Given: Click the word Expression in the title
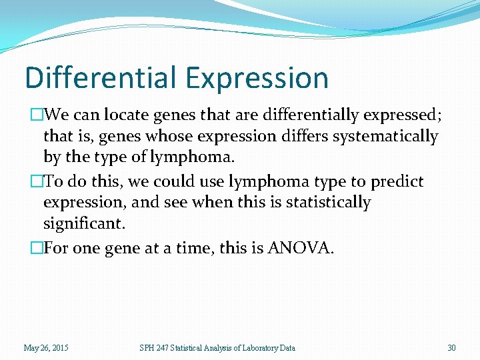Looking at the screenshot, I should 257,77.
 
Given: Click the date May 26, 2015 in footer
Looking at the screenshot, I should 45,347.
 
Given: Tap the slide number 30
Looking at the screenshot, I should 451,347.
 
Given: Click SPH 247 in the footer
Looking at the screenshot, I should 153,347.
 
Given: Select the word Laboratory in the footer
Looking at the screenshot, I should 255,347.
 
